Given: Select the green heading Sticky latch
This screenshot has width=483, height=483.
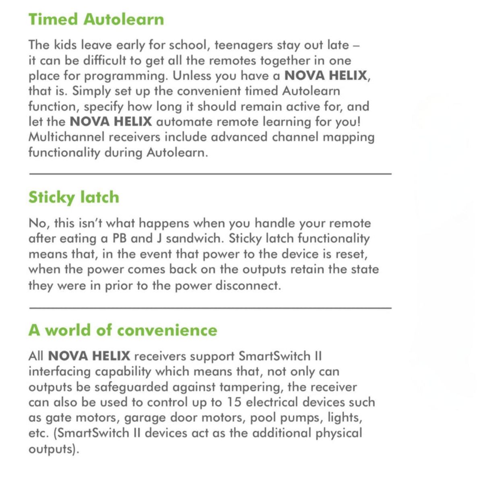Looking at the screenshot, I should (x=74, y=197).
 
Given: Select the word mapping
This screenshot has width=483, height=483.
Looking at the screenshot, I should (x=349, y=137).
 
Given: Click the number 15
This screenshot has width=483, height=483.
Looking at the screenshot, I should (x=234, y=402).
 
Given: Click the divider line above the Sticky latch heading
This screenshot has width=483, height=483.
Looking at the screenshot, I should (x=210, y=174).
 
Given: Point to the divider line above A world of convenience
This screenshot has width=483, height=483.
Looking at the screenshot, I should (x=210, y=308).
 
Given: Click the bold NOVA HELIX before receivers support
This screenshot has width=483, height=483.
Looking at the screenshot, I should (x=89, y=356).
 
